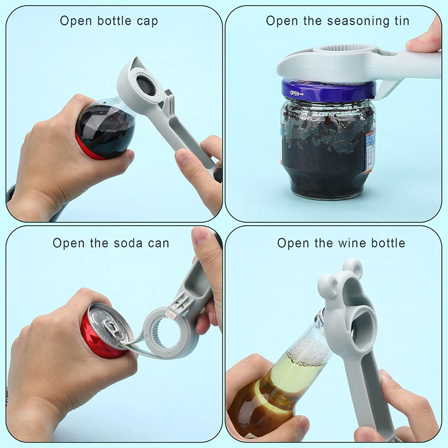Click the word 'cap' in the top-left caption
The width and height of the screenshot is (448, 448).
pyautogui.click(x=147, y=22)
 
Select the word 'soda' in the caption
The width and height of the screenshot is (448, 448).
pyautogui.click(x=128, y=243)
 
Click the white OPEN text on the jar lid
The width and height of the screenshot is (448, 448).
pyautogui.click(x=296, y=93)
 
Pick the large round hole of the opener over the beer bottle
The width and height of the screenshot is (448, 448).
pyautogui.click(x=365, y=325)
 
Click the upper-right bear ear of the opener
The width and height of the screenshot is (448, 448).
pyautogui.click(x=354, y=267)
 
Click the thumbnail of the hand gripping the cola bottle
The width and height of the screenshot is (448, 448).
pyautogui.click(x=130, y=157)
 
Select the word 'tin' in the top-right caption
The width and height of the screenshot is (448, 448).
pyautogui.click(x=402, y=21)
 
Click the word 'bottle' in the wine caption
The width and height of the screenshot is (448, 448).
pyautogui.click(x=388, y=243)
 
